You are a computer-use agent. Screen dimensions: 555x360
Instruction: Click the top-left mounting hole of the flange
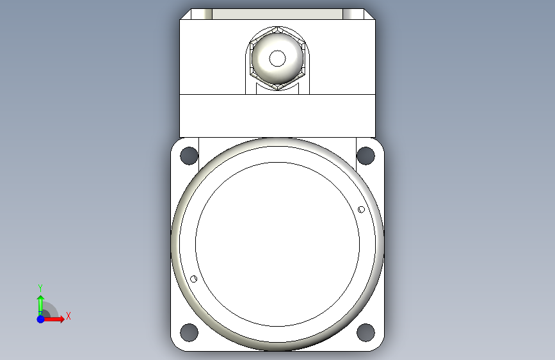189,156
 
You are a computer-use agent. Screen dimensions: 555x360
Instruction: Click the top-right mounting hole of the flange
366,156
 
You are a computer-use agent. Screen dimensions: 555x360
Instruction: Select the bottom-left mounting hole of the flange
189,332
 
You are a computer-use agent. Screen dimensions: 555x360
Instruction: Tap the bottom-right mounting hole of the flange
366,332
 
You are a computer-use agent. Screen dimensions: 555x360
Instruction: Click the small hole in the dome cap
277,58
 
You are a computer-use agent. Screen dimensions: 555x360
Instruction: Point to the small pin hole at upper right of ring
361,209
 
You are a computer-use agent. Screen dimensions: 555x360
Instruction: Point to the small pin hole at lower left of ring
193,279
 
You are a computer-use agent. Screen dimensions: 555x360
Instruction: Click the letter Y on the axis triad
40,288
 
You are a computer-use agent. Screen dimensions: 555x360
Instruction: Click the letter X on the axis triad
68,316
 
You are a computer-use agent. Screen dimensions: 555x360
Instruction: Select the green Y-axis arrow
41,305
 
